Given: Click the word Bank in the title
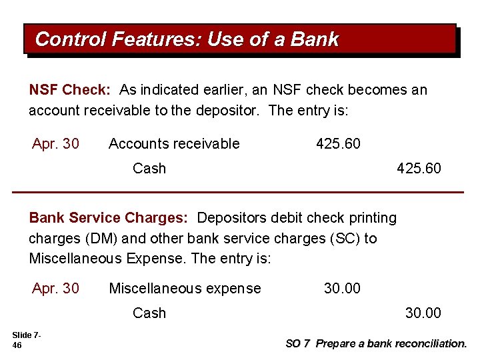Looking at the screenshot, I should (315, 39).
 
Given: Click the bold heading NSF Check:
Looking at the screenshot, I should (70, 90).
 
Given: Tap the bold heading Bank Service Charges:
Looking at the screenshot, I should (109, 218).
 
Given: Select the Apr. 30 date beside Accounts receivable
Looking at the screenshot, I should (55, 143).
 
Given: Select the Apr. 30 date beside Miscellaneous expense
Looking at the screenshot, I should (55, 288).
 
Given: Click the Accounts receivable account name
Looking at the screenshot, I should (174, 143).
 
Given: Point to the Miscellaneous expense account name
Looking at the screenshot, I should (185, 288).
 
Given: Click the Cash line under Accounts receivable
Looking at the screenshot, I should (149, 168).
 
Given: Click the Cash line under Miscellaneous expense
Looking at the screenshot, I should (149, 313).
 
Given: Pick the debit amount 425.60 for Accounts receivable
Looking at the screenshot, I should (338, 143).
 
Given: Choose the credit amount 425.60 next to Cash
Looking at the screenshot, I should (419, 168).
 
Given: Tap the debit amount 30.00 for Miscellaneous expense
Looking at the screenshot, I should (342, 288).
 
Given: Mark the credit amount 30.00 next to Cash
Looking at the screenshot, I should (423, 313).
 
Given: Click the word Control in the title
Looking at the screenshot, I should (71, 39).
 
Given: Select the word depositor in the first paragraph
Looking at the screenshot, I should (226, 110).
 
